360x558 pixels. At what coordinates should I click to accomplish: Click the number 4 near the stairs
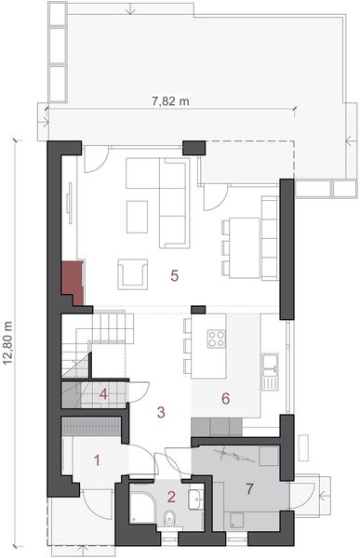[105, 394]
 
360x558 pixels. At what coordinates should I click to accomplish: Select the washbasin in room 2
[196, 500]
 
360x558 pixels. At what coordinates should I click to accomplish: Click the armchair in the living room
[131, 274]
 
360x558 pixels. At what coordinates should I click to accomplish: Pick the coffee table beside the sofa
[137, 216]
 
